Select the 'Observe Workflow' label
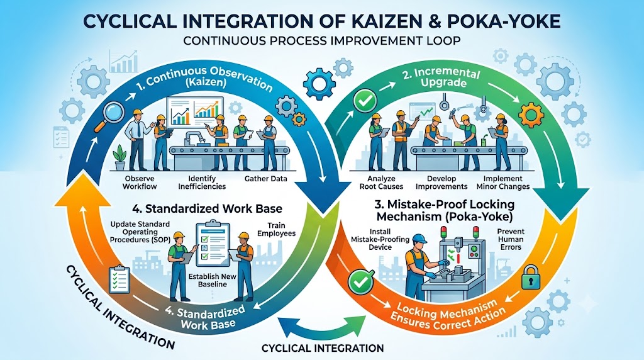point(140,183)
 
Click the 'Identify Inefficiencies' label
point(202,183)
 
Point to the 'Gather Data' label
point(266,179)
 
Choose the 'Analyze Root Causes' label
point(381,183)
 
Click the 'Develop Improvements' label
point(441,183)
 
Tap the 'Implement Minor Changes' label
point(503,183)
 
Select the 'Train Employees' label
point(277,229)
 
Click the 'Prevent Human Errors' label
point(511,239)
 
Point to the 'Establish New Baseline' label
point(213,280)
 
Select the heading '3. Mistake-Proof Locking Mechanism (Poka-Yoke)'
point(445,210)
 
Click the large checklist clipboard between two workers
point(213,244)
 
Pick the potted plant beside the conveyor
point(120,157)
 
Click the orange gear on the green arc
point(530,115)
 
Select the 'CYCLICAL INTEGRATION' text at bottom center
point(323,348)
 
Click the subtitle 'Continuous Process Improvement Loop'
point(322,40)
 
